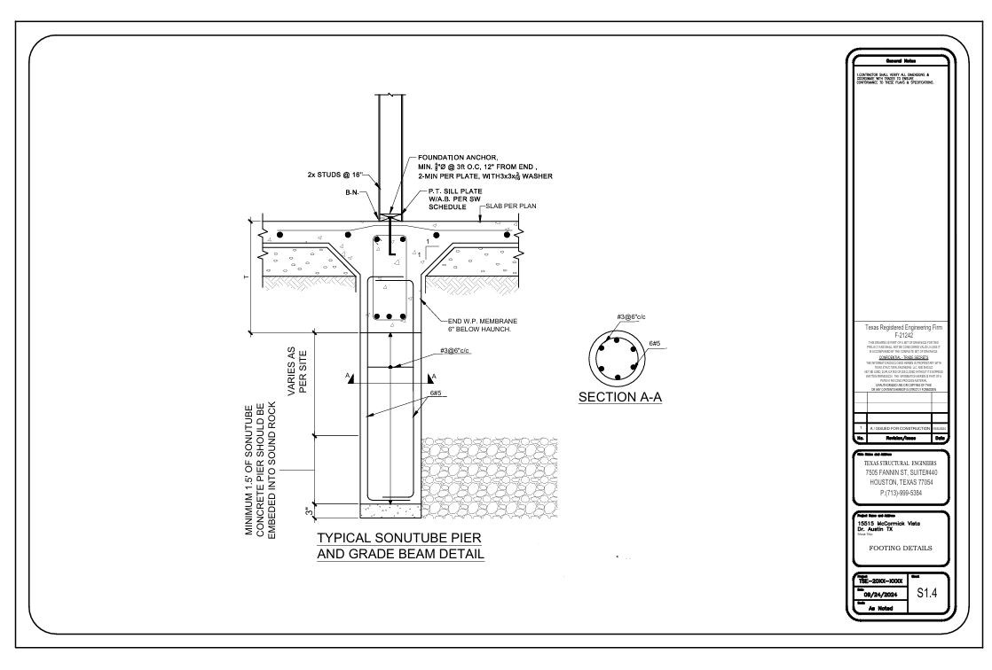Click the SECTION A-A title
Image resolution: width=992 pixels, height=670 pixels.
coord(620,397)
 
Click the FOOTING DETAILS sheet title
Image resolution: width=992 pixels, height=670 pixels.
coord(900,548)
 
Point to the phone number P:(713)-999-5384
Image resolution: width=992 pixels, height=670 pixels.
coord(900,492)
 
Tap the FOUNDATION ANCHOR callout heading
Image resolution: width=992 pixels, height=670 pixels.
coord(459,157)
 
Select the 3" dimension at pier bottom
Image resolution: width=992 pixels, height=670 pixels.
coord(307,510)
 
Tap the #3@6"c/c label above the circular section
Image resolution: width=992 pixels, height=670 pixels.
coord(632,317)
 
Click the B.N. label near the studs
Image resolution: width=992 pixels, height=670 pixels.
coord(353,191)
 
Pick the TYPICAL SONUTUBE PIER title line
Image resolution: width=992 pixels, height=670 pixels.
coord(400,538)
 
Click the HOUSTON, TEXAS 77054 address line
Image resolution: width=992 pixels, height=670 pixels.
coord(900,482)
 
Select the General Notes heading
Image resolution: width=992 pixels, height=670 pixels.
coord(900,59)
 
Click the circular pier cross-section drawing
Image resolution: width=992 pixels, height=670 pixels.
coord(618,355)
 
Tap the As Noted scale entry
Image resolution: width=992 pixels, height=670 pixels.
coord(881,609)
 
